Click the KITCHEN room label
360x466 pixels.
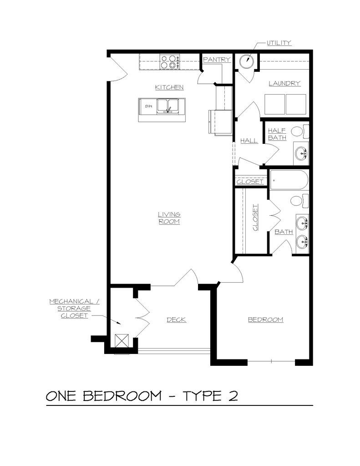pos(169,87)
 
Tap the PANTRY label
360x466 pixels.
pos(217,60)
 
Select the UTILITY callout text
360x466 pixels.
pos(279,43)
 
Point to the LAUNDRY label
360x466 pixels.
pos(284,83)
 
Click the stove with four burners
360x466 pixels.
pos(169,61)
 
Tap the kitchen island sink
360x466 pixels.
pos(168,106)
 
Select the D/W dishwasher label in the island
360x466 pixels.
pos(148,106)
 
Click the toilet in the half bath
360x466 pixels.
pos(298,132)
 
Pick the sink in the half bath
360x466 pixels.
pos(301,153)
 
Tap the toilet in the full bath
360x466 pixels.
pos(298,200)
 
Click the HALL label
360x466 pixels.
pos(249,141)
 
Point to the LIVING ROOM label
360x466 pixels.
pos(169,218)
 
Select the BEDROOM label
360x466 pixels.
pos(265,319)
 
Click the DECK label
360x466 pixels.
pos(176,319)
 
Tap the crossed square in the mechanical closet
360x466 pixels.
pos(122,341)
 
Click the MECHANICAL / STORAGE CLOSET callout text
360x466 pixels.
pos(74,308)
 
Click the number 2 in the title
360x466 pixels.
pos(232,396)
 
